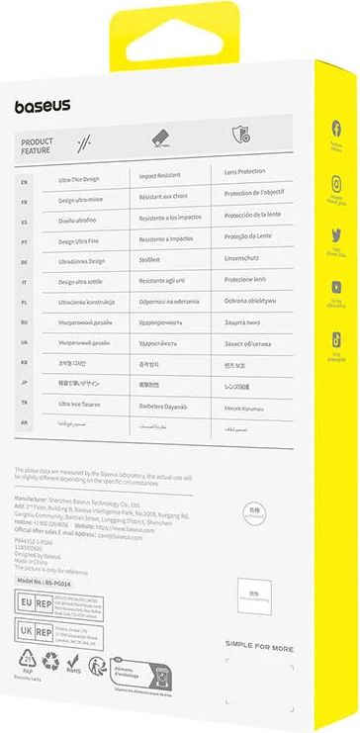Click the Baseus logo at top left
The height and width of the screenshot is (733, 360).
(42, 106)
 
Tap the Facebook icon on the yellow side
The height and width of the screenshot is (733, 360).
(336, 129)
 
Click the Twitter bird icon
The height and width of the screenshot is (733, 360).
(336, 235)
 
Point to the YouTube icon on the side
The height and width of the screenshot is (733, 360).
(336, 288)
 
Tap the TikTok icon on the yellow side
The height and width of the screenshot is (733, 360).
(336, 339)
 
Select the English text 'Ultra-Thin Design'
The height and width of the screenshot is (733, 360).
(78, 179)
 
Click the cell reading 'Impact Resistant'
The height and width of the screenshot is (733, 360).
(160, 176)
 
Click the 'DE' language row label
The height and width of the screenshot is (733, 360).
(25, 262)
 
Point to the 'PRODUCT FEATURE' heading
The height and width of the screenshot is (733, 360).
(38, 147)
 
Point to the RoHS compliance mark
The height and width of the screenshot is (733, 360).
(72, 665)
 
